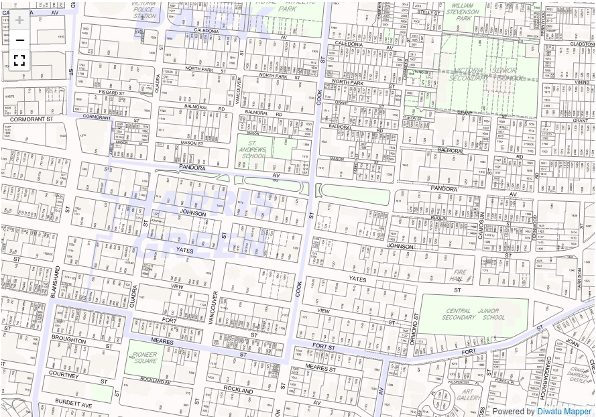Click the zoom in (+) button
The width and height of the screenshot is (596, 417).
(x=19, y=19)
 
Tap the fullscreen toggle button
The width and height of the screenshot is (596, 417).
(x=19, y=60)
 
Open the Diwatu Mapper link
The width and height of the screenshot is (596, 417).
(x=564, y=412)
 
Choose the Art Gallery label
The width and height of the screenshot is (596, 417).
(x=467, y=396)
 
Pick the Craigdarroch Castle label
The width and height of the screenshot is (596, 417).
(x=578, y=373)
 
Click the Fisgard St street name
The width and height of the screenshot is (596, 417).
(x=112, y=93)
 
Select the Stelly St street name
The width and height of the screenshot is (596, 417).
(x=428, y=12)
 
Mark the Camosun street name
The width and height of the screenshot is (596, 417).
(x=481, y=224)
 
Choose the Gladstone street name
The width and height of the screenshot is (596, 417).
(x=581, y=43)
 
